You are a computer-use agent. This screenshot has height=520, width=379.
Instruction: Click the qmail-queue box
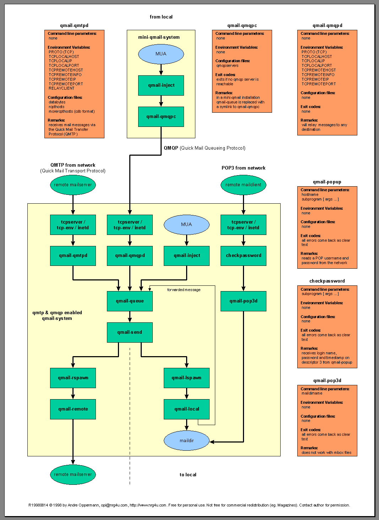point(130,301)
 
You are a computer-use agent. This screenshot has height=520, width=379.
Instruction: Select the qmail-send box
point(130,332)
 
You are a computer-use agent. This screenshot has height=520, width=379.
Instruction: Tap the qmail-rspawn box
point(73,378)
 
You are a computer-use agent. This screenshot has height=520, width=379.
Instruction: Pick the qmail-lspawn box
point(186,378)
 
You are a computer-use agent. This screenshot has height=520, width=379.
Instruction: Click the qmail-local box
point(186,409)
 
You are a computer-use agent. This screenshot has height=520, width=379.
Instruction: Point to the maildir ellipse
point(186,441)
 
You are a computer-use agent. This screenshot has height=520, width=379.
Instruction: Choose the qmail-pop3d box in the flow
point(243,301)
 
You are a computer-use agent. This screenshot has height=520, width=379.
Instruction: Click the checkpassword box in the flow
point(243,256)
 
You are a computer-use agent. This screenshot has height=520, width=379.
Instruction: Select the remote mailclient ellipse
point(243,185)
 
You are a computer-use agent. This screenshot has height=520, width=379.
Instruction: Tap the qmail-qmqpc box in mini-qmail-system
point(161,117)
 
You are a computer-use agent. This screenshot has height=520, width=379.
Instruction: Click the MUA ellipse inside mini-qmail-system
point(161,54)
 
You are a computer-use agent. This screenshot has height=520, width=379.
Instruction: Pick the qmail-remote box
point(73,409)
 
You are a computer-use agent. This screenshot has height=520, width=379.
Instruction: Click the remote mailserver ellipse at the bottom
point(73,475)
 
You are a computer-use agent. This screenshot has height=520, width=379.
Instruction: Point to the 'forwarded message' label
point(184,290)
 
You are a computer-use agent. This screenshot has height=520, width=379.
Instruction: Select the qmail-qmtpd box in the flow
point(73,256)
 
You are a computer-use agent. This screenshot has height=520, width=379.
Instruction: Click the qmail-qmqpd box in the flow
point(130,256)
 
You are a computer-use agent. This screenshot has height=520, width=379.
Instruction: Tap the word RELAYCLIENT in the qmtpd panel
point(61,89)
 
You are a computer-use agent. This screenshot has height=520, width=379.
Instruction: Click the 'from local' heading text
point(161,17)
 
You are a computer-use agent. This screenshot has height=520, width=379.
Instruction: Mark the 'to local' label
point(188,475)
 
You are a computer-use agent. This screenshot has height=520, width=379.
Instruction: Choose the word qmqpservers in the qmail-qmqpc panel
point(227,66)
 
